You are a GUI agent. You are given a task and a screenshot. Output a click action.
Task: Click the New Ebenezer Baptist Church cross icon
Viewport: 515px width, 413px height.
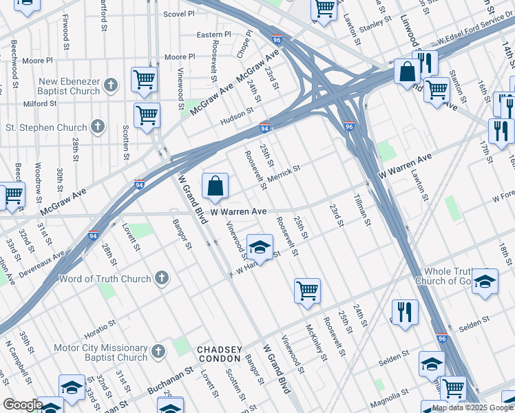pyautogui.click(x=112, y=86)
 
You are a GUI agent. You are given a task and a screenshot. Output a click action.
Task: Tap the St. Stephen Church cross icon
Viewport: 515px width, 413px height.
pyautogui.click(x=98, y=127)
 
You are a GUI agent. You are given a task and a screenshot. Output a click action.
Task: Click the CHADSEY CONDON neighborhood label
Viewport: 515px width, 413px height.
pyautogui.click(x=220, y=354)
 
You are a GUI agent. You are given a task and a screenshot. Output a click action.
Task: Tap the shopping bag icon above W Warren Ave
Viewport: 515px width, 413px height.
pyautogui.click(x=216, y=186)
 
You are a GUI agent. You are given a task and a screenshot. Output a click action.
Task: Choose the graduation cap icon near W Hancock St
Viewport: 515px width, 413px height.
pyautogui.click(x=260, y=247)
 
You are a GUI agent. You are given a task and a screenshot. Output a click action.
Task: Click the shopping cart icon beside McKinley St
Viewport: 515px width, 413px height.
pyautogui.click(x=307, y=290)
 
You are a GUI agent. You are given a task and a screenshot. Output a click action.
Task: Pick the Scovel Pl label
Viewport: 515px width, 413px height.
pyautogui.click(x=180, y=14)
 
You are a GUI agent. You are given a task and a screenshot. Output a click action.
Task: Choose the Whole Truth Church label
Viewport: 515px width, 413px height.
pyautogui.click(x=451, y=276)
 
